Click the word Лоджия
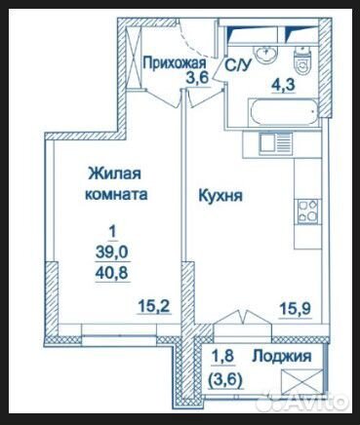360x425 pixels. [x=287, y=356]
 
